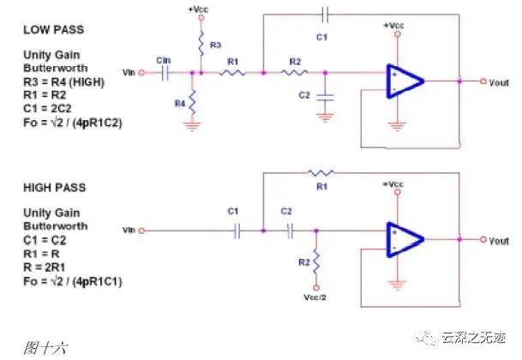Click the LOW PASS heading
[x=54, y=30]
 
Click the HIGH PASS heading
[x=55, y=188]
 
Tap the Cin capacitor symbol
[x=165, y=73]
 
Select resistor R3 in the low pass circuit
[x=201, y=44]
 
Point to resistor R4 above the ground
[x=192, y=102]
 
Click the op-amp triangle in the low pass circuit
[x=405, y=81]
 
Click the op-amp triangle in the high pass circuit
[x=405, y=239]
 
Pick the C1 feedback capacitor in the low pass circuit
[x=325, y=15]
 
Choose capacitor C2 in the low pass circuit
[x=325, y=97]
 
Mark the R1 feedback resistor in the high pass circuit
[x=321, y=172]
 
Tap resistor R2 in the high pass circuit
[x=316, y=261]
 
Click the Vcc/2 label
[x=315, y=297]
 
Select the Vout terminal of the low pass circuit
[x=483, y=81]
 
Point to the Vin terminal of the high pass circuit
[x=141, y=231]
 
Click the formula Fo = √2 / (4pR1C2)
[x=73, y=123]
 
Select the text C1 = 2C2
[x=47, y=109]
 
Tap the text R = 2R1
[x=44, y=267]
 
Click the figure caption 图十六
[x=45, y=348]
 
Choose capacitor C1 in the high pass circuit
[x=237, y=231]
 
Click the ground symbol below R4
[x=192, y=126]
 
